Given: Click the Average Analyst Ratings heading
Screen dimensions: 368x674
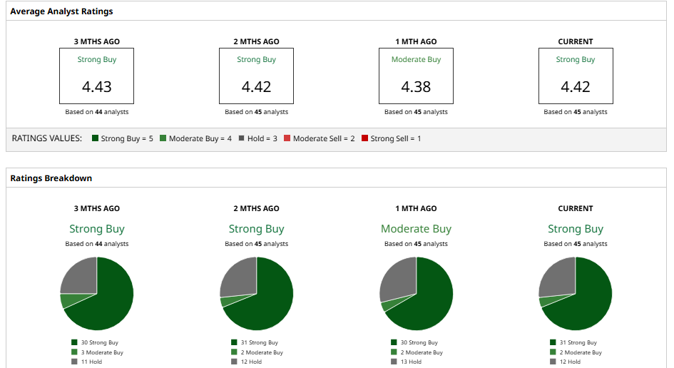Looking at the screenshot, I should click(x=61, y=11).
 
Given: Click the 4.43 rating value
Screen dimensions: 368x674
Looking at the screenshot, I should click(x=96, y=87).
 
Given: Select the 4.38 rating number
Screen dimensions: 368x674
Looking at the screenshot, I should click(x=416, y=87).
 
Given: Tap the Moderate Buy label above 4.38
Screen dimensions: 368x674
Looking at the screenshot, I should click(x=416, y=60).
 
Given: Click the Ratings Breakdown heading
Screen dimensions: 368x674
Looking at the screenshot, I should click(x=51, y=178).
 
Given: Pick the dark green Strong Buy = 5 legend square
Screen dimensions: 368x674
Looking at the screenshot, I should click(x=96, y=138).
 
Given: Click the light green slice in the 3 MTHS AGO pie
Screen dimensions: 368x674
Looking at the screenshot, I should click(x=66, y=300).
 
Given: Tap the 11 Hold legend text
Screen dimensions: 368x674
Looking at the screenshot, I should click(x=91, y=362).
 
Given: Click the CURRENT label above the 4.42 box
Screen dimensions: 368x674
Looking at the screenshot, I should click(x=576, y=41).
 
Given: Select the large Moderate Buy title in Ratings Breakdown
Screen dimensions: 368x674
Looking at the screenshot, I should click(x=416, y=229).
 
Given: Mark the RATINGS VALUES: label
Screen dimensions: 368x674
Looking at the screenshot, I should click(x=47, y=138).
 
